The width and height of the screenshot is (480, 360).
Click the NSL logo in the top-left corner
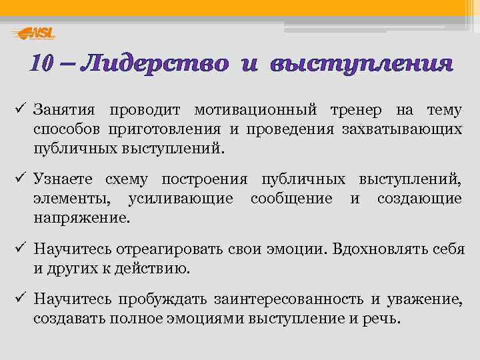tap(34, 33)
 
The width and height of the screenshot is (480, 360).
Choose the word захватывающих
tap(407, 129)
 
